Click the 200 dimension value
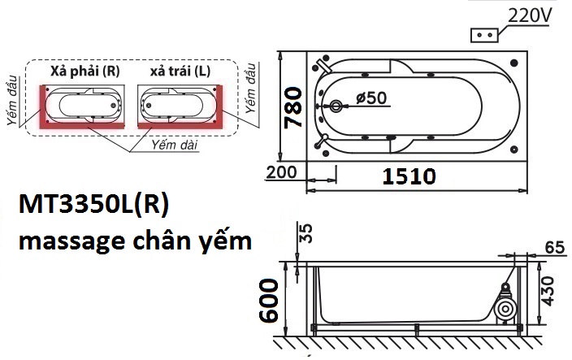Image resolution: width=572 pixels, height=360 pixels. tap(281, 173)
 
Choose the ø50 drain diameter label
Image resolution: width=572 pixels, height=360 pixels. tap(370, 98)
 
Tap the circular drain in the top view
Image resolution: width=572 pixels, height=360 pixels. tap(337, 106)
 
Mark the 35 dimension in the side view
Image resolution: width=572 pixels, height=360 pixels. tap(306, 235)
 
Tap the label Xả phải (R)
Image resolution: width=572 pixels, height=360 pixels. tap(84, 72)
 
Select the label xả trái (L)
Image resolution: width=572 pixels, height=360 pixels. tap(180, 72)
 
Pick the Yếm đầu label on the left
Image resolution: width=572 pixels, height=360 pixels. tap(13, 106)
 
